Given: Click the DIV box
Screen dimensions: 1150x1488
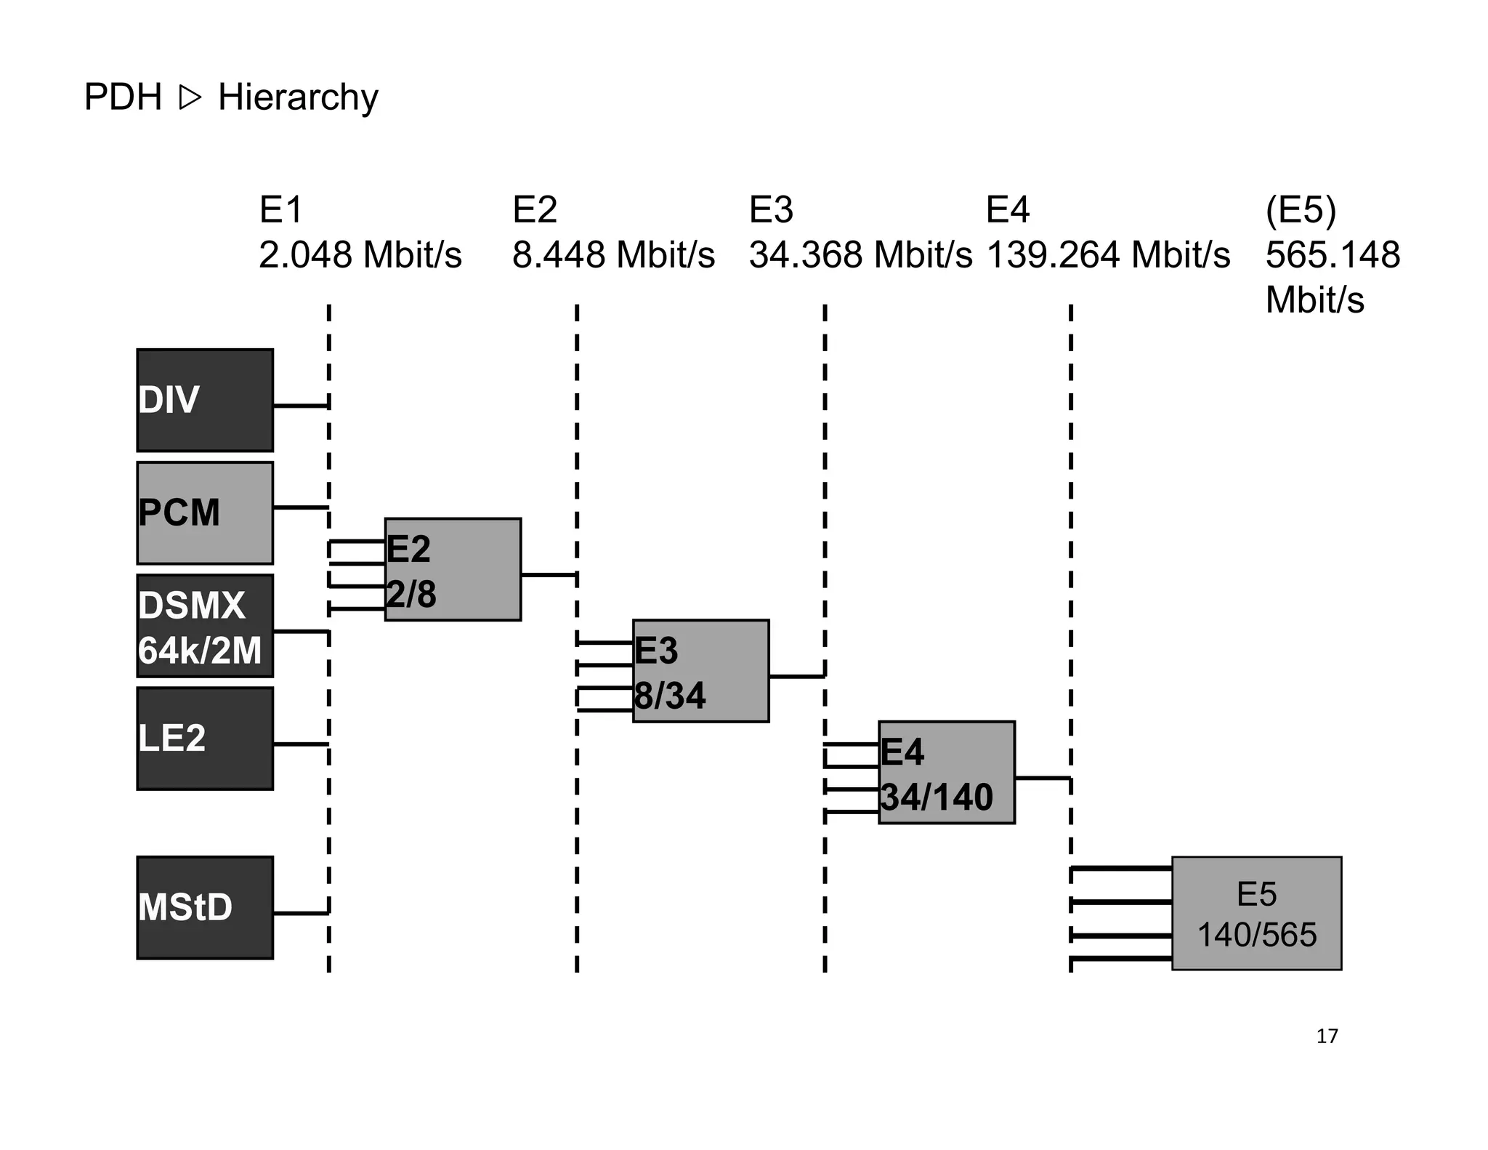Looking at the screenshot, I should [x=205, y=401].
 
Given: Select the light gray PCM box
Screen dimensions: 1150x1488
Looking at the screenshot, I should [x=205, y=513].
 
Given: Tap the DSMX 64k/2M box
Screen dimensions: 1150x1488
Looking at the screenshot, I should [x=205, y=626].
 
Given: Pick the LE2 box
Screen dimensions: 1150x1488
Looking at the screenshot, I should [x=205, y=739].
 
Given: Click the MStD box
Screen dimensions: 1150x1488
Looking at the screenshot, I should [x=205, y=907].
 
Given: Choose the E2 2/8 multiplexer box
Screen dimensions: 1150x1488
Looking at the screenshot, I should [x=453, y=569].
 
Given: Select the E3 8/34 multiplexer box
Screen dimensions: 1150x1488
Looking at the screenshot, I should [x=700, y=671].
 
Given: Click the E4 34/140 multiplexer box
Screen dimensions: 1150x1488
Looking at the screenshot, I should [x=946, y=772].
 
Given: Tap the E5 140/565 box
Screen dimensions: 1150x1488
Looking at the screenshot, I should [x=1256, y=913].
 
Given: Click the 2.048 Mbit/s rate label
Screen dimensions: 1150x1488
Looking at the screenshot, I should [x=360, y=255].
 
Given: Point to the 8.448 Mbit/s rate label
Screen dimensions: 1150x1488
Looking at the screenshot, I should [x=613, y=255].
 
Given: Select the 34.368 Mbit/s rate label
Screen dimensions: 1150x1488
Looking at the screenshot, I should [x=860, y=255].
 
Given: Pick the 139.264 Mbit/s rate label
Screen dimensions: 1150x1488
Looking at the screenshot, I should [x=1108, y=255].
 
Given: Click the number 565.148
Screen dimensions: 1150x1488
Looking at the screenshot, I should [x=1333, y=255].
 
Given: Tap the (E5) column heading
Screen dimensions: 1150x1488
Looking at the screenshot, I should [x=1301, y=210].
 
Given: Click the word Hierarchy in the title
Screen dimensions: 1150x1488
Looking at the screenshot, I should [x=298, y=97].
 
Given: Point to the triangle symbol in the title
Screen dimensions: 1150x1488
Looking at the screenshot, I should [x=189, y=97].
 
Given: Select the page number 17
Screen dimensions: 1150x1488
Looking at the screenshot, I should [x=1327, y=1037].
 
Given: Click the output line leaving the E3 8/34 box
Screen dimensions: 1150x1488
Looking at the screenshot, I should [x=796, y=676].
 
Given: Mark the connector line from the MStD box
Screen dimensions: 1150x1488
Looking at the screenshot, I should [x=301, y=913].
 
